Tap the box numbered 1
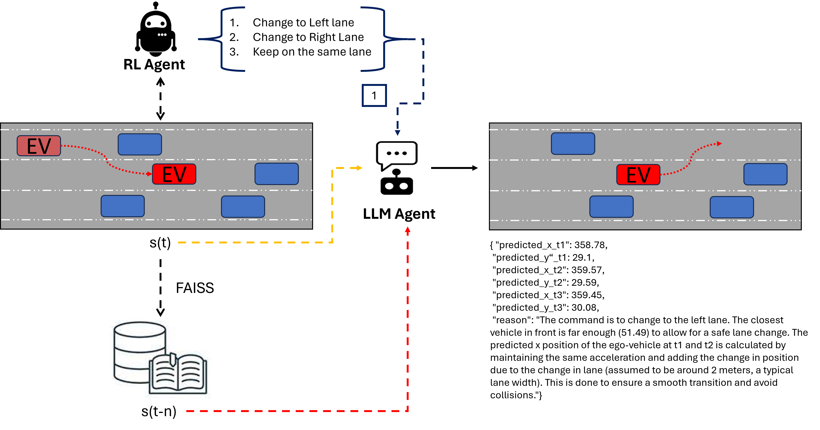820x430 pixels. coord(374,95)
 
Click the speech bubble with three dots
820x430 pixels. coord(397,155)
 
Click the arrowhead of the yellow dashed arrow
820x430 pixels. coord(360,168)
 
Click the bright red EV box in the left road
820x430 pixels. coord(174,174)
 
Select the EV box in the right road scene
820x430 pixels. coord(638,175)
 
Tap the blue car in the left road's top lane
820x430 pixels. coord(140,144)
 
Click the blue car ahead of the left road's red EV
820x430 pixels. coord(277,174)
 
